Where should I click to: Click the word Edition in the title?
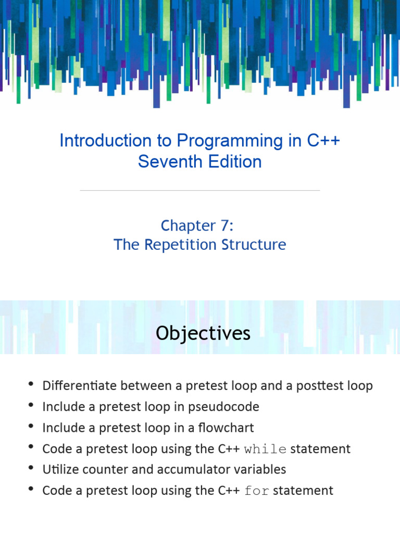233,162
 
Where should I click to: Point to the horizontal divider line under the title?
200,190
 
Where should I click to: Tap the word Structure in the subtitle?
257,245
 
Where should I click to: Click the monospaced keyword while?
265,449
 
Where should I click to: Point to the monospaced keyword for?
257,491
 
